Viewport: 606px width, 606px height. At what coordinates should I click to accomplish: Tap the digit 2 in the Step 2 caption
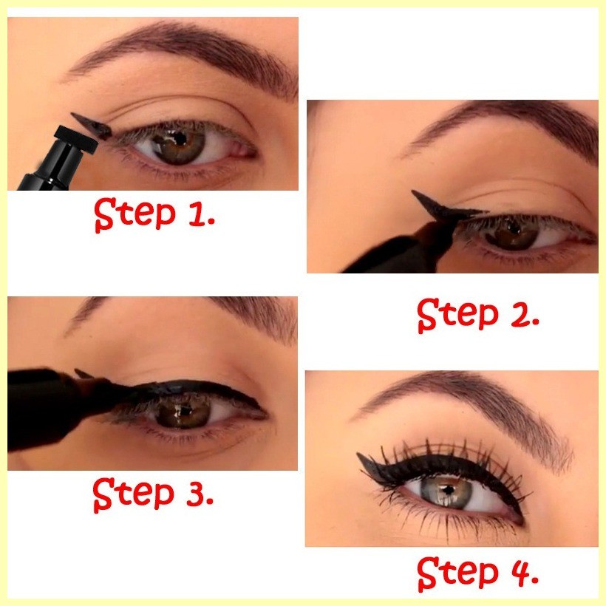click(520, 313)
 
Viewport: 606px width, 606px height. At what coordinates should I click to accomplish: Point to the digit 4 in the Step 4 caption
click(520, 571)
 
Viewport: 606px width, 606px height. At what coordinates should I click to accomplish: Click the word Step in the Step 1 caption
click(135, 215)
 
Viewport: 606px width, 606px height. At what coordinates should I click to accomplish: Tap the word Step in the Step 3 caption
click(134, 494)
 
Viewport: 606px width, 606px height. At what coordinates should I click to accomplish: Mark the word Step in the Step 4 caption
click(458, 573)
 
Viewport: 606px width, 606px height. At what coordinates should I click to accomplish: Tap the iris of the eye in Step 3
click(183, 411)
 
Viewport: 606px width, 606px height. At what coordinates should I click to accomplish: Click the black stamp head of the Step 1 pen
click(75, 139)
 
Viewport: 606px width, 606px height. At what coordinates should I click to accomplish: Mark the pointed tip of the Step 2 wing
click(413, 191)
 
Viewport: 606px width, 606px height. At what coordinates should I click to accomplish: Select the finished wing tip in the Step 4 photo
click(358, 454)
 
